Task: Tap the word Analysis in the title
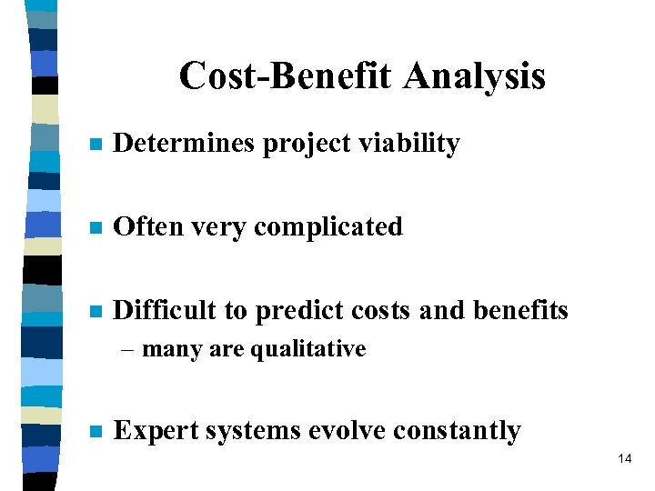click(x=475, y=77)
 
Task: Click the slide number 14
click(x=624, y=459)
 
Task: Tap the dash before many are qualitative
click(x=132, y=350)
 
